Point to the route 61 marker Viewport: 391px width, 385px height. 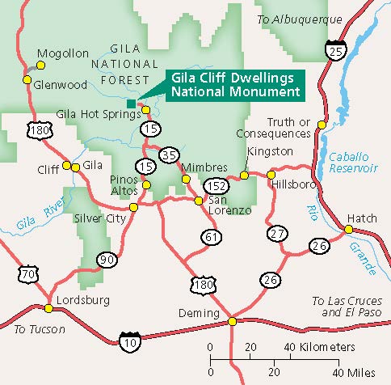(x=211, y=236)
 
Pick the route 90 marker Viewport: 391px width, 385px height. (x=107, y=259)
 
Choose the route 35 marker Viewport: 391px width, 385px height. (x=169, y=155)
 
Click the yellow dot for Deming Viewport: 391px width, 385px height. (x=233, y=321)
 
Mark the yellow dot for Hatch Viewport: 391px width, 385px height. (x=350, y=229)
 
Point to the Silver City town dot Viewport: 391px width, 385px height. (x=133, y=206)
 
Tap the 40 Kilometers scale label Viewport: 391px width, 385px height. (x=318, y=347)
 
